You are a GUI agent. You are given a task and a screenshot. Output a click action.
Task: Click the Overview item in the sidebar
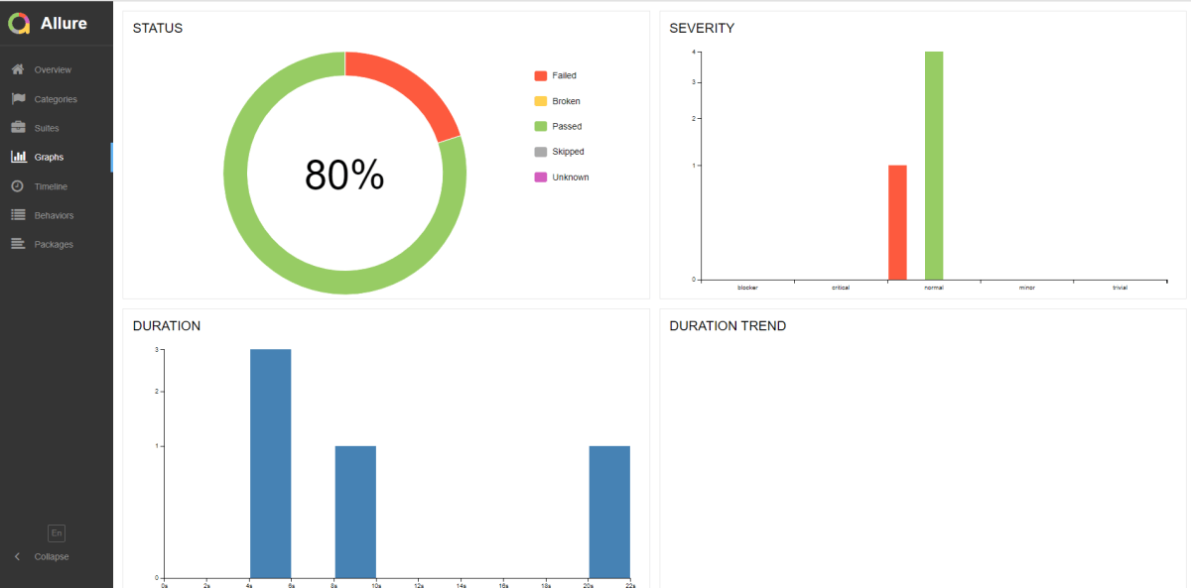[52, 69]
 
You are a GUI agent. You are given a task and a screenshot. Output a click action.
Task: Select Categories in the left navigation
[55, 99]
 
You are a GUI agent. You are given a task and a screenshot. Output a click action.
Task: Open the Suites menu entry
[46, 128]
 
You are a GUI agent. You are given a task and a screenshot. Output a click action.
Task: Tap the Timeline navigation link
[51, 186]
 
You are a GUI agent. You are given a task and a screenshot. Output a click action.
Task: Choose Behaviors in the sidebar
[54, 215]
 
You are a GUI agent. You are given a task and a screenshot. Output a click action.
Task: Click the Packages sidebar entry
[53, 244]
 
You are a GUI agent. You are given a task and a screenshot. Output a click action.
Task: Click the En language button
[57, 533]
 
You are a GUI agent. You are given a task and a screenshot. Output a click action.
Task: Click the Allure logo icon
[19, 23]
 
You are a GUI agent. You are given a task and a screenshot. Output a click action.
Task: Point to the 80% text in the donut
[344, 176]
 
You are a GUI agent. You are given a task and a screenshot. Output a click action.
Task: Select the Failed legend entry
[564, 75]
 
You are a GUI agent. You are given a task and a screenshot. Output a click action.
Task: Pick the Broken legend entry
[566, 101]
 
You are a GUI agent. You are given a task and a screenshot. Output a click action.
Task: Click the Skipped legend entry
[568, 152]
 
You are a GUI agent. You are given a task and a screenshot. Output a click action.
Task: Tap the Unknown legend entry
[570, 177]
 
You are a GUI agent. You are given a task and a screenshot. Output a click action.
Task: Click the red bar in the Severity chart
[897, 222]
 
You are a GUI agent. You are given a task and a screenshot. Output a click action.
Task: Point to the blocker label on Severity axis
[747, 288]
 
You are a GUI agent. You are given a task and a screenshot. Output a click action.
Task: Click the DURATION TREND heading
[728, 326]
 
